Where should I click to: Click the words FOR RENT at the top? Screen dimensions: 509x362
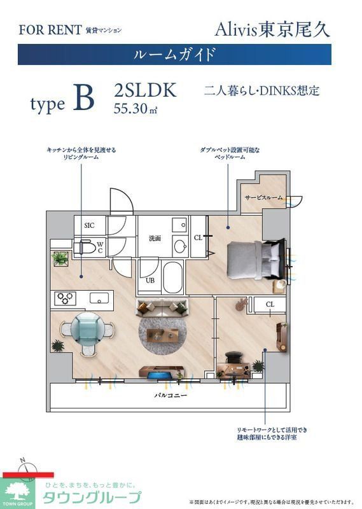pos(50,30)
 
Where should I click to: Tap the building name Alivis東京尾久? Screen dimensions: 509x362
pos(272,29)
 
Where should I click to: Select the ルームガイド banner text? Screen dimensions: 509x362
pos(174,54)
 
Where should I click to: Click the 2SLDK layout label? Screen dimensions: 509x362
pos(145,90)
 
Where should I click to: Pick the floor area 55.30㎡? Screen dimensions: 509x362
pos(136,108)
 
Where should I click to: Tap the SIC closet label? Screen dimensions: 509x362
pos(89,225)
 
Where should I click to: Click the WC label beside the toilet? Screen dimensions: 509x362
pos(100,246)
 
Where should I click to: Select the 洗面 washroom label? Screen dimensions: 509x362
pos(155,239)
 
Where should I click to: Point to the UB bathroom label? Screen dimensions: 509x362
pos(151,281)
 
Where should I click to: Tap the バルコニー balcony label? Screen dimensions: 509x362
pos(169,395)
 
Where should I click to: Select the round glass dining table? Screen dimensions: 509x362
pos(87,329)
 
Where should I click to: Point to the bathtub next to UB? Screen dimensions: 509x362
pos(172,277)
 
